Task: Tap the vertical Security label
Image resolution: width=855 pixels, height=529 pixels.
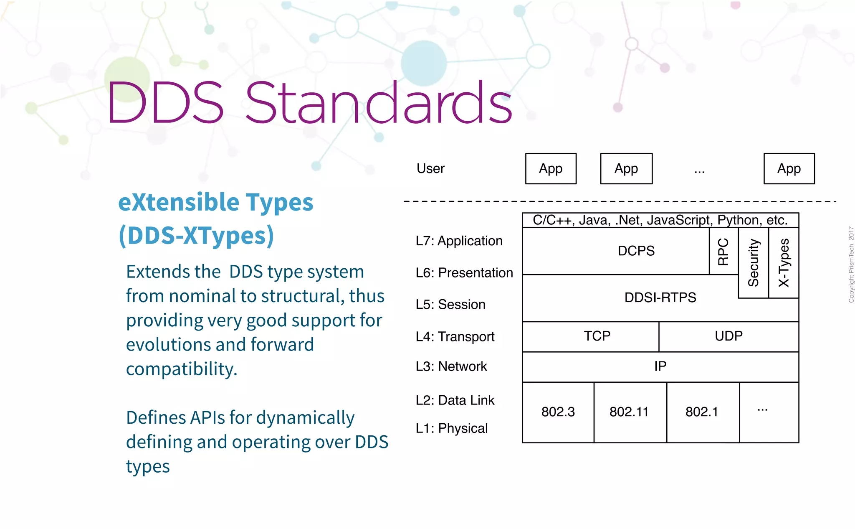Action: coord(753,263)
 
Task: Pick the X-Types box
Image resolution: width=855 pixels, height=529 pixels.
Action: coord(784,263)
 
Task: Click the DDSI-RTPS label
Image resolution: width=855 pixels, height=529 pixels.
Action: coord(660,298)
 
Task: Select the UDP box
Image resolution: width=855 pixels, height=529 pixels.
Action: coord(729,336)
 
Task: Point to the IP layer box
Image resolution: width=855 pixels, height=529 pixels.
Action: coord(660,366)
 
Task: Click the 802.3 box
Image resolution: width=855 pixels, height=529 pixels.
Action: coord(558,412)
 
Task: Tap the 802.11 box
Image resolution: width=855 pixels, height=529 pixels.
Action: coord(630,412)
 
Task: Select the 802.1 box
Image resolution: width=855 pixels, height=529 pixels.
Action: coord(702,412)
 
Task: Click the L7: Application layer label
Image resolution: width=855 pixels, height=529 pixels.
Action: coord(459,241)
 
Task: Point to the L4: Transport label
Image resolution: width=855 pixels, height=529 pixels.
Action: coord(455,336)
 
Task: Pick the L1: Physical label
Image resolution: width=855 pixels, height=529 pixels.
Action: coord(451,428)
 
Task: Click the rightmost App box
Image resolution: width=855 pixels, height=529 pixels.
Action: coord(789,168)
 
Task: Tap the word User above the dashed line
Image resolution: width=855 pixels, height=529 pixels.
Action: coord(430,168)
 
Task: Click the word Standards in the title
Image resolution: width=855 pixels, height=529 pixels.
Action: coord(378,103)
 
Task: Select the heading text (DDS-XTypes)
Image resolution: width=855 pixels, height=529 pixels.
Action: coord(196,235)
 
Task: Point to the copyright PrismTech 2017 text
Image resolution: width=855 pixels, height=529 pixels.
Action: coord(851,264)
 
